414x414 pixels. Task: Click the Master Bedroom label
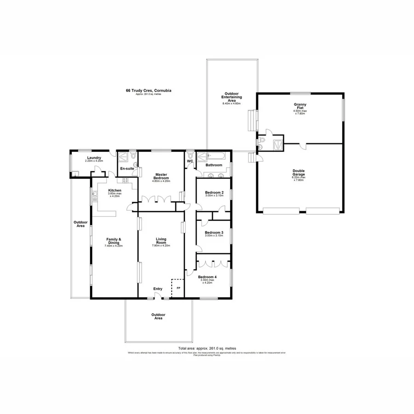tap(161, 175)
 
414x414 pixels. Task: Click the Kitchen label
tap(115, 190)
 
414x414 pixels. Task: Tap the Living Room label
tap(161, 239)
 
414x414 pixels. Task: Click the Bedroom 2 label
tap(214, 192)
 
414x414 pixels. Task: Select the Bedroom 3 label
tap(214, 233)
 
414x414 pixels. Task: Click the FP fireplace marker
tap(178, 288)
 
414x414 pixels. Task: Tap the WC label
tap(190, 161)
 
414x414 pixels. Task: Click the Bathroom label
tap(214, 165)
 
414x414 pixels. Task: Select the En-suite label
tap(127, 169)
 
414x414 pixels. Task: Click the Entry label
tap(158, 289)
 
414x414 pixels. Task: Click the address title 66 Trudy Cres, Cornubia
tap(146, 91)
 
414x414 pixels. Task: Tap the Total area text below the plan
tap(207, 349)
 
